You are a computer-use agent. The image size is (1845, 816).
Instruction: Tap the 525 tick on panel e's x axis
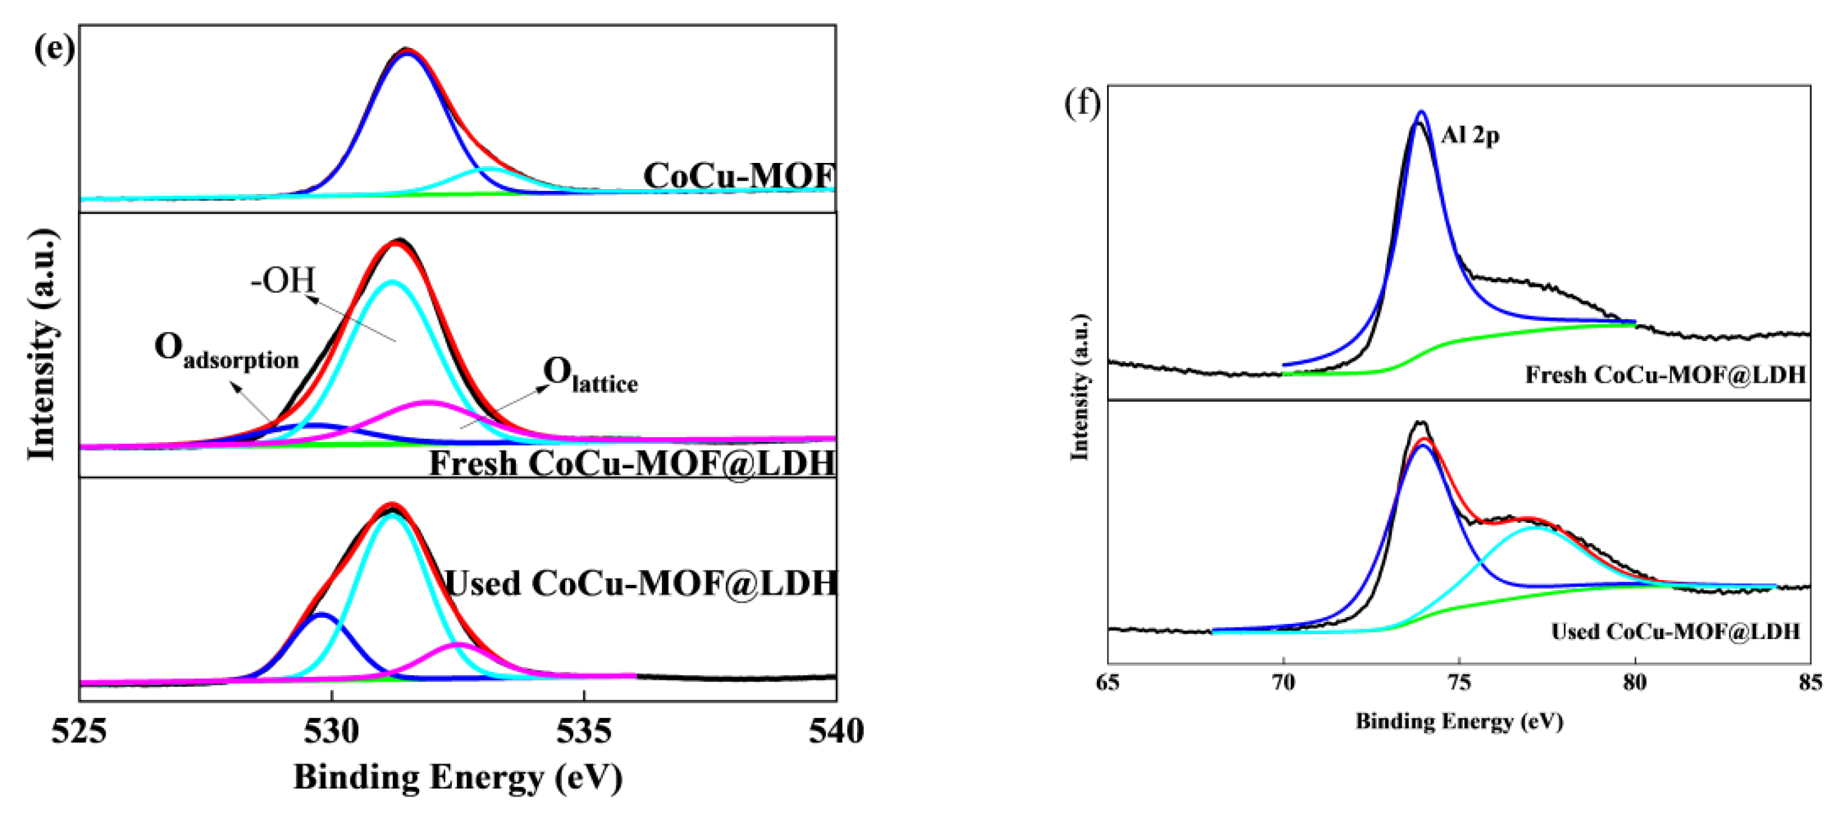coord(79,731)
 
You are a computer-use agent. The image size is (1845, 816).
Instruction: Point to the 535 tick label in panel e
coord(585,731)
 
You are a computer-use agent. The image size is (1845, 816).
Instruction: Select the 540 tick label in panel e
coord(836,731)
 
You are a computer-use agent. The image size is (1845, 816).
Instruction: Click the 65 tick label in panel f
coord(1108,683)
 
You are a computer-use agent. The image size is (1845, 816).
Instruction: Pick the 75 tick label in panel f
coord(1459,683)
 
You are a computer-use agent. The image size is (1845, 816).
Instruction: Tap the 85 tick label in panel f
coord(1810,683)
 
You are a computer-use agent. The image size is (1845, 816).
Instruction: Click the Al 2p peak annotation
coord(1470,134)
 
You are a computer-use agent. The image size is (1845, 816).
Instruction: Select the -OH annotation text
coord(283,280)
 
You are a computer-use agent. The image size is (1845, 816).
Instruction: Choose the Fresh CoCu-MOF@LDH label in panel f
coord(1664,375)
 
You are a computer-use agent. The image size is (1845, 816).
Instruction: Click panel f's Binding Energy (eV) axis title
coord(1459,721)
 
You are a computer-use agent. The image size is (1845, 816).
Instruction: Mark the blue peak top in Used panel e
coord(322,615)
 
